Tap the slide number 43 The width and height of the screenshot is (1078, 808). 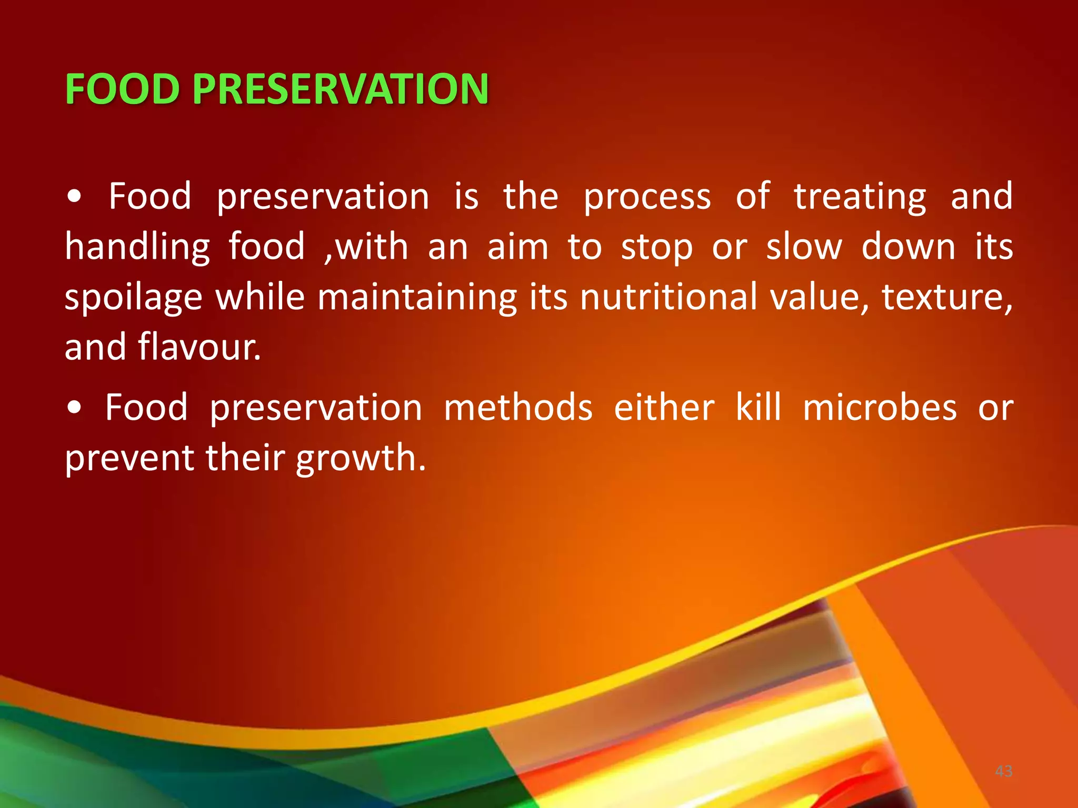(1004, 771)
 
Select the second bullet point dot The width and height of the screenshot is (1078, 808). (75, 408)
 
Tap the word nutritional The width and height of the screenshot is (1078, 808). (669, 297)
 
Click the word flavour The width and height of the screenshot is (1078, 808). (199, 347)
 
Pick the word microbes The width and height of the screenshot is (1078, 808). (880, 408)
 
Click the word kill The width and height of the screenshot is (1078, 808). (758, 408)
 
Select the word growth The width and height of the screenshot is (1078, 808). (361, 458)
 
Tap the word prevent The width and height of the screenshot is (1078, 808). (129, 458)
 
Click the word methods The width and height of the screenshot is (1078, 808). (518, 408)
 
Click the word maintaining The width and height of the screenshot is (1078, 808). (417, 297)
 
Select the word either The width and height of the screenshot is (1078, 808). (664, 408)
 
